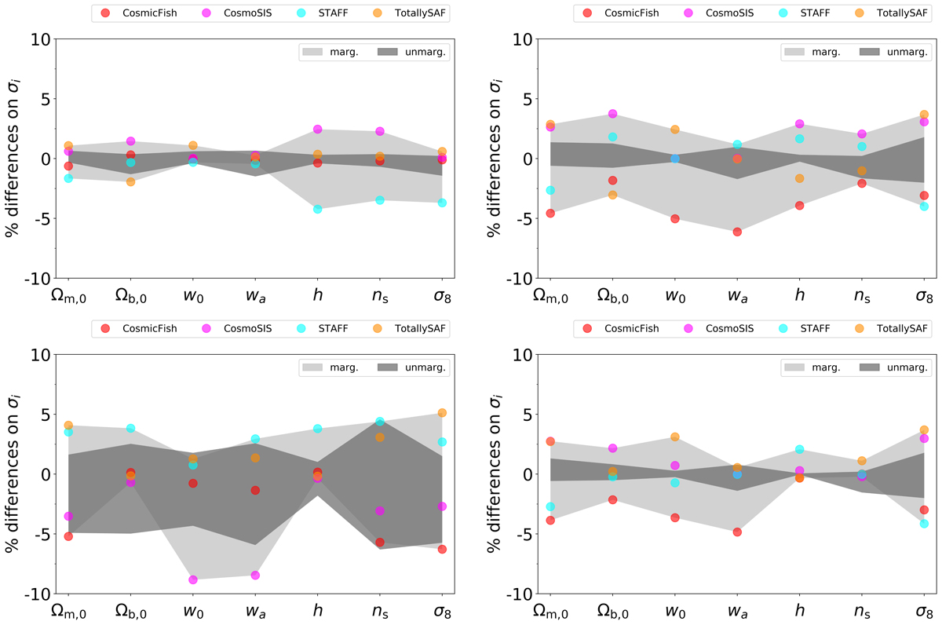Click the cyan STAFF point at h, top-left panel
318,209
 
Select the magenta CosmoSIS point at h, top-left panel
318,129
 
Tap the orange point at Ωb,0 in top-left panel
130,181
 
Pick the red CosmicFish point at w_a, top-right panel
737,232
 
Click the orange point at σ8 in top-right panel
925,115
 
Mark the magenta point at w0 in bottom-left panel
193,579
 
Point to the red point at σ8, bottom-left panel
443,549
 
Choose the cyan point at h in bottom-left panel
318,429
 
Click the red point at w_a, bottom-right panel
737,532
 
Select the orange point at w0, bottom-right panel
674,437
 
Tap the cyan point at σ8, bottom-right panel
925,523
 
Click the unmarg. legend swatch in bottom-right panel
872,367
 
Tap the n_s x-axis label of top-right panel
862,297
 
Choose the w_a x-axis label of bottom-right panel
737,612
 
